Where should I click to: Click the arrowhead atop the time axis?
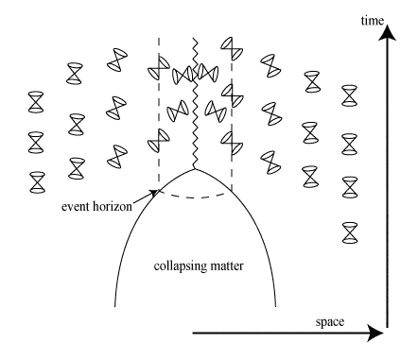[x=387, y=33]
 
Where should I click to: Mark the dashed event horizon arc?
[x=195, y=197]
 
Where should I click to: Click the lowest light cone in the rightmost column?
[x=350, y=230]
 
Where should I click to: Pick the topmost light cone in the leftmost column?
[x=36, y=98]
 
